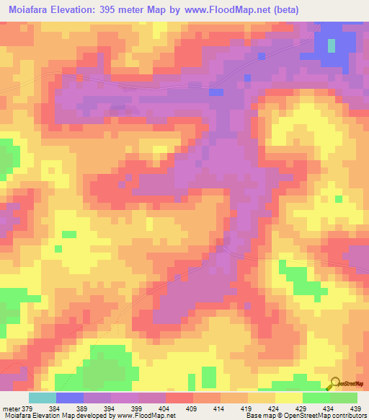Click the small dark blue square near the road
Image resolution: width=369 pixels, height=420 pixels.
(216, 92)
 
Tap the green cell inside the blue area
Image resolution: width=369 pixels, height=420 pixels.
(332, 45)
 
